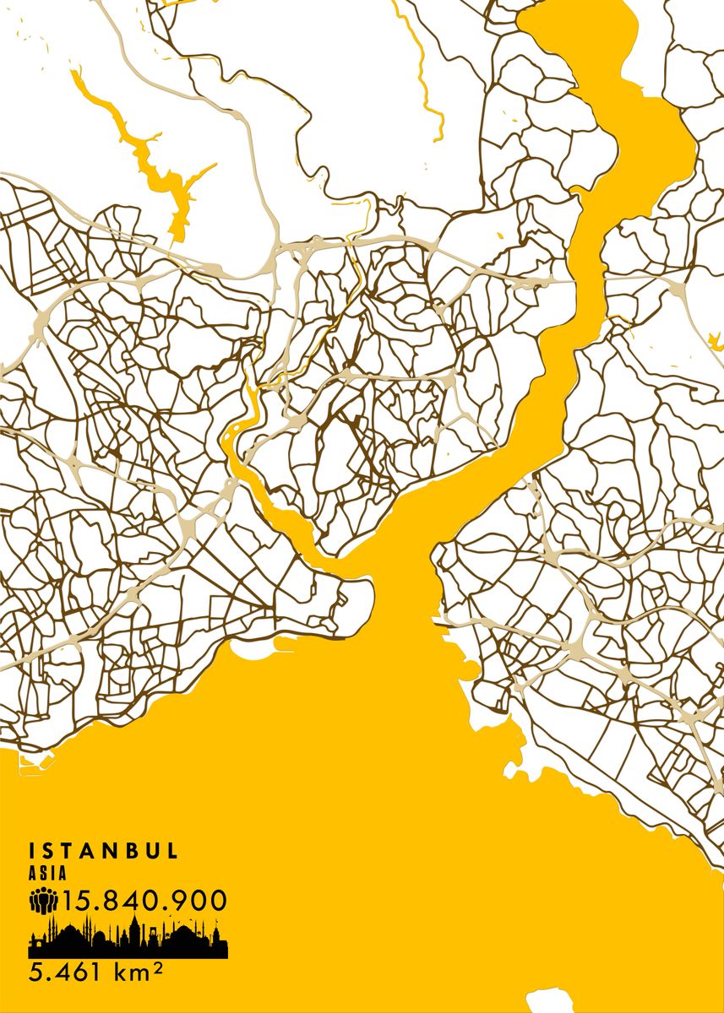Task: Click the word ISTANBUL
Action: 103,850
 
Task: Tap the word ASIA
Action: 46,875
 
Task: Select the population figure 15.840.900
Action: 144,901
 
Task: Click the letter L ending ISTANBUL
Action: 172,850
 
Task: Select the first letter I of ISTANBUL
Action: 32,850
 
